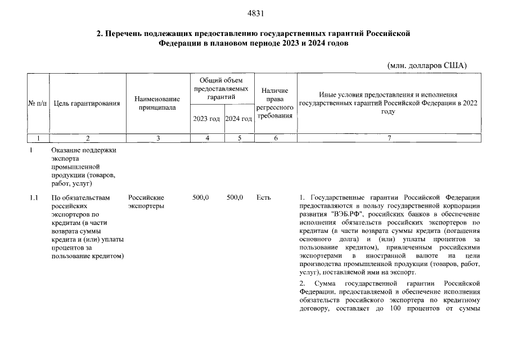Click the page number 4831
click(x=255, y=13)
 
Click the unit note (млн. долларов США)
click(x=427, y=65)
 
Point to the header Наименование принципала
click(x=157, y=103)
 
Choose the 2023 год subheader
click(x=206, y=119)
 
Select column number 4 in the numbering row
click(x=208, y=138)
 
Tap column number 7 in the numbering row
click(x=389, y=138)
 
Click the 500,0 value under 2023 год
click(x=201, y=198)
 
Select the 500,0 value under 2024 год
click(x=235, y=198)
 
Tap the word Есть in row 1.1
click(x=263, y=198)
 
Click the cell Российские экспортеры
click(x=146, y=202)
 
